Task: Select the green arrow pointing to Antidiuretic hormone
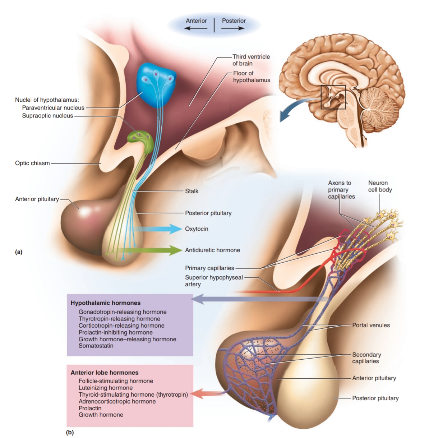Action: [x=158, y=250]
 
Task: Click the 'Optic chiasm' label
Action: [x=32, y=163]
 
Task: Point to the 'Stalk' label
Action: [x=192, y=191]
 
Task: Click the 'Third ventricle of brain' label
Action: [x=251, y=60]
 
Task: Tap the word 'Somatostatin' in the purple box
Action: [x=96, y=346]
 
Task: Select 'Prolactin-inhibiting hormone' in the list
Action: [x=115, y=332]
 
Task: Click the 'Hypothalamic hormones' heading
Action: [x=105, y=303]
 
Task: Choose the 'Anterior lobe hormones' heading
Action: [x=104, y=373]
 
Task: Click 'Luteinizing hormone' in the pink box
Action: [x=105, y=388]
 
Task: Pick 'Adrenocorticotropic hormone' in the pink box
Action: [x=117, y=401]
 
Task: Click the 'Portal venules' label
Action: [x=371, y=325]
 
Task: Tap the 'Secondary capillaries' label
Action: [x=366, y=358]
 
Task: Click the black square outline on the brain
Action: [x=333, y=97]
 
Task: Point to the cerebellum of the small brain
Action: [x=379, y=106]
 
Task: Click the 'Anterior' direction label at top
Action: [x=196, y=21]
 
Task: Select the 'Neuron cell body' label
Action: [x=380, y=186]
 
